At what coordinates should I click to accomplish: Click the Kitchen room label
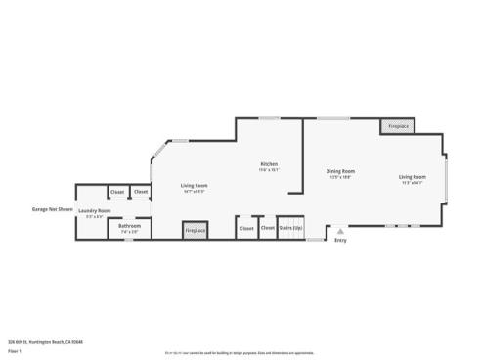pyautogui.click(x=269, y=164)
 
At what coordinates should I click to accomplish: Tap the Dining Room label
pyautogui.click(x=340, y=171)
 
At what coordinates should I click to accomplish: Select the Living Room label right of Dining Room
pyautogui.click(x=412, y=177)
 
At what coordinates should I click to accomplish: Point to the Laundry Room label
pyautogui.click(x=95, y=211)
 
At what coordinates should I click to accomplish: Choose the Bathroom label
pyautogui.click(x=130, y=226)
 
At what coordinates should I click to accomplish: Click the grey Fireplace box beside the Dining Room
pyautogui.click(x=398, y=126)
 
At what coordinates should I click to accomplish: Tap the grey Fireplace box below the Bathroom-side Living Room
pyautogui.click(x=195, y=230)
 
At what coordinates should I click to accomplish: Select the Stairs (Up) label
pyautogui.click(x=290, y=227)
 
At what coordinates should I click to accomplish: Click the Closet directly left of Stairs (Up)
pyautogui.click(x=267, y=227)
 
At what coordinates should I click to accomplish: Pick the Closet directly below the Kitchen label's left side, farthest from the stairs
pyautogui.click(x=245, y=227)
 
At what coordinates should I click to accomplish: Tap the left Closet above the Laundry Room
pyautogui.click(x=117, y=192)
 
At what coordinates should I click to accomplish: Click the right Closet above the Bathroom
pyautogui.click(x=141, y=192)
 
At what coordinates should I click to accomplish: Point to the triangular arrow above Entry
pyautogui.click(x=340, y=232)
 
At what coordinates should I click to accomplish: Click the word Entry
pyautogui.click(x=340, y=240)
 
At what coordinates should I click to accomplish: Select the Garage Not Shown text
pyautogui.click(x=53, y=208)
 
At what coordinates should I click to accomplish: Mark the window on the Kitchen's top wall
pyautogui.click(x=269, y=118)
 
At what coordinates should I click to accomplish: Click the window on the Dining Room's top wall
pyautogui.click(x=333, y=118)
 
